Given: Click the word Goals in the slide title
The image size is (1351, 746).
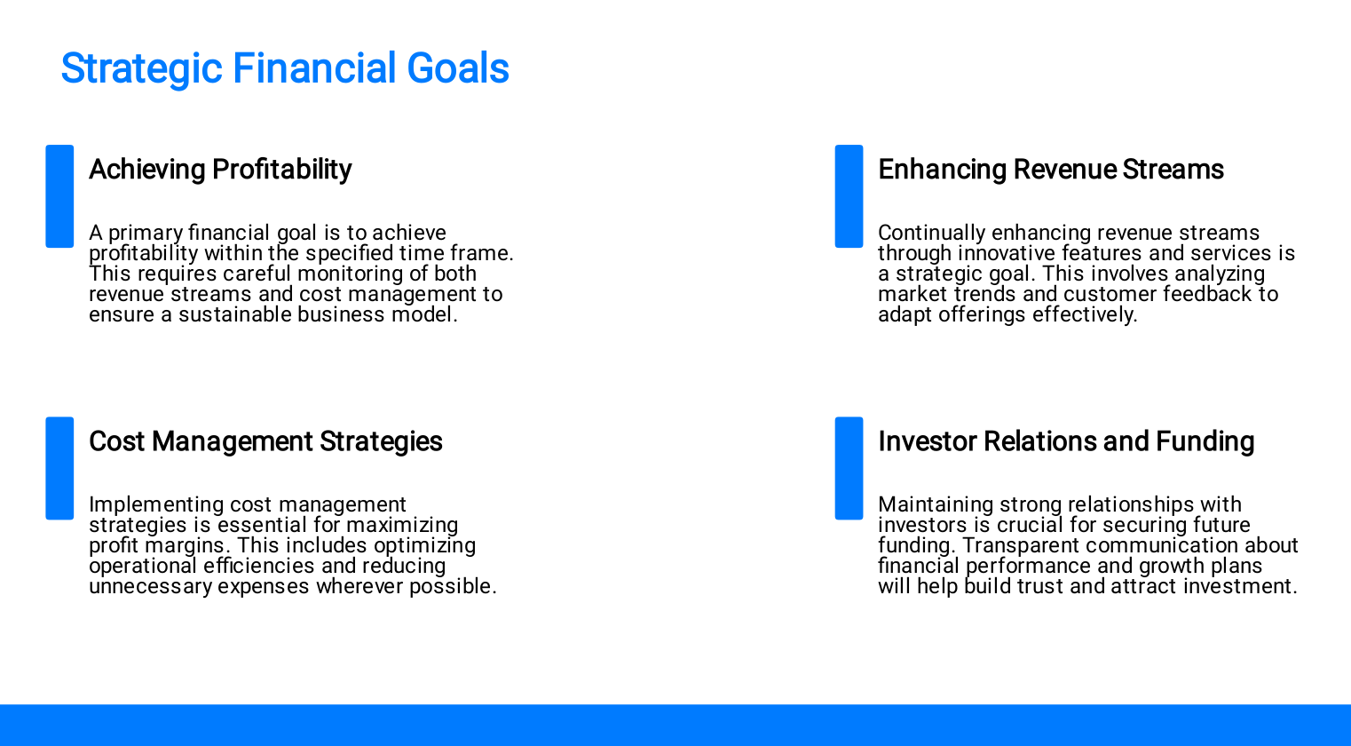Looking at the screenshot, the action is pyautogui.click(x=458, y=68).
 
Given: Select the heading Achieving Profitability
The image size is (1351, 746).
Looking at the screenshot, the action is pyautogui.click(x=220, y=170).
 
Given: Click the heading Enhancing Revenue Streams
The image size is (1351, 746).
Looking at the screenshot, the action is pyautogui.click(x=1051, y=169).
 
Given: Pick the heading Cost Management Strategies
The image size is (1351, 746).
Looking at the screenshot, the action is pyautogui.click(x=265, y=441).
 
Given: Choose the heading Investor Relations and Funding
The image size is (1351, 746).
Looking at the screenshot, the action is pyautogui.click(x=1066, y=441).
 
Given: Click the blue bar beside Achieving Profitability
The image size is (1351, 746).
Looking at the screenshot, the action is pyautogui.click(x=59, y=196).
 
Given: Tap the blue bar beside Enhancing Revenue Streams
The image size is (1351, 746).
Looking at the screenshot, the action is pyautogui.click(x=849, y=196).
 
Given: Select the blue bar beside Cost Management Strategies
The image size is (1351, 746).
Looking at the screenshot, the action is pyautogui.click(x=59, y=468).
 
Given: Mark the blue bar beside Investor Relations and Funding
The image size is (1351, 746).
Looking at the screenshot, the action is pyautogui.click(x=849, y=468).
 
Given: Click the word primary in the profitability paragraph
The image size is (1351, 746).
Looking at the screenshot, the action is pyautogui.click(x=146, y=234).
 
